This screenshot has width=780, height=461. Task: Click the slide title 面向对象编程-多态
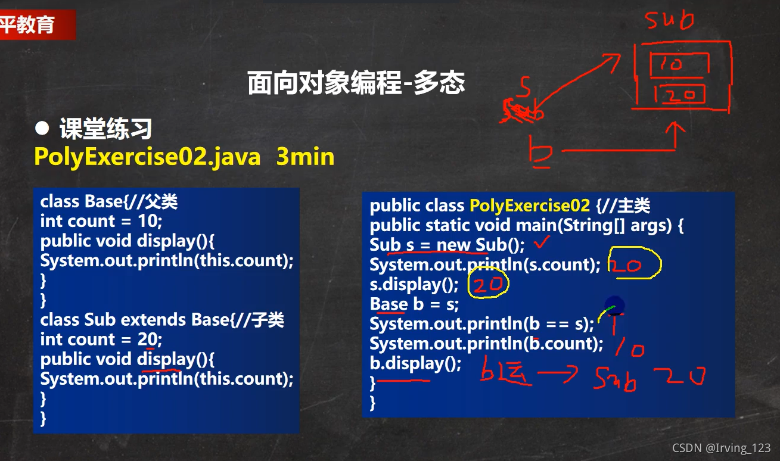point(356,83)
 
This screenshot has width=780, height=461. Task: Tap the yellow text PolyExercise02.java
point(147,157)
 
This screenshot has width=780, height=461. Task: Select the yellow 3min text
point(305,157)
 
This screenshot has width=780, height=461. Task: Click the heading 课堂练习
point(105,129)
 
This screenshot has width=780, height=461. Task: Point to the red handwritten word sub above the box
point(670,21)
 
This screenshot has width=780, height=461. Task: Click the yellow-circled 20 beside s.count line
point(634,264)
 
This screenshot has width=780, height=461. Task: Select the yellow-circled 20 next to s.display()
point(489,285)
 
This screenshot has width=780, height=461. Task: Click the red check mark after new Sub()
point(542,242)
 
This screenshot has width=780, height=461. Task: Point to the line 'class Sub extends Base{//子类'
point(162,320)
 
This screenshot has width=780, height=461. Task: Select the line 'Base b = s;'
point(414,304)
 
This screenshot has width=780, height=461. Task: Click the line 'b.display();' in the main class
point(415,363)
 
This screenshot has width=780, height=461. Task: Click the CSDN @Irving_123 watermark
point(721,448)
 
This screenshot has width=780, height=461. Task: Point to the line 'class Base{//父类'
point(109,201)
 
